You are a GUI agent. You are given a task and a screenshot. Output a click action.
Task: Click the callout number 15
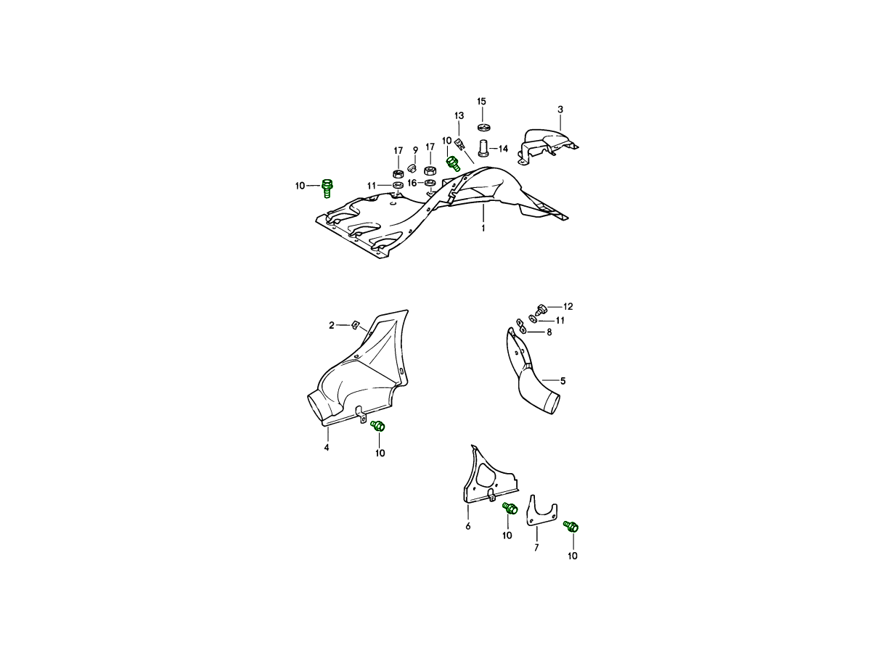pyautogui.click(x=481, y=102)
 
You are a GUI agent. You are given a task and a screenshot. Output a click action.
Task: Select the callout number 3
pyautogui.click(x=560, y=110)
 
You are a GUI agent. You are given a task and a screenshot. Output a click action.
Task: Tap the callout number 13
pyautogui.click(x=459, y=116)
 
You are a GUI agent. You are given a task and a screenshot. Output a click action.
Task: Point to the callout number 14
pyautogui.click(x=503, y=149)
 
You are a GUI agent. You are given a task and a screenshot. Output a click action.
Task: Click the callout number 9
pyautogui.click(x=415, y=150)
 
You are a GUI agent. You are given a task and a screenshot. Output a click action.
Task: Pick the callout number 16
pyautogui.click(x=412, y=183)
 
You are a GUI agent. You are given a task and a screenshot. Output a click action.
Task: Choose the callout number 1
pyautogui.click(x=483, y=229)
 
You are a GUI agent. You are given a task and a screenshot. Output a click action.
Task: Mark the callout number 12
pyautogui.click(x=568, y=306)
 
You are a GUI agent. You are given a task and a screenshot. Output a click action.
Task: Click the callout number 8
pyautogui.click(x=549, y=332)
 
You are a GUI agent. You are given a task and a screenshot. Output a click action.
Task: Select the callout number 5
pyautogui.click(x=563, y=381)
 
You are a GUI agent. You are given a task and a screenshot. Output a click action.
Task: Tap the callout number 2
pyautogui.click(x=331, y=326)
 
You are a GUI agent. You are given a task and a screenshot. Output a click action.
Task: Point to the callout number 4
pyautogui.click(x=326, y=448)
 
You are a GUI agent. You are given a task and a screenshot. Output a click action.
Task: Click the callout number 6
pyautogui.click(x=468, y=526)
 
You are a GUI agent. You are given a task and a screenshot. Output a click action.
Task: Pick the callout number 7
pyautogui.click(x=536, y=548)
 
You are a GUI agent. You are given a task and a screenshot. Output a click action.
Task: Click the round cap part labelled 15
pyautogui.click(x=483, y=127)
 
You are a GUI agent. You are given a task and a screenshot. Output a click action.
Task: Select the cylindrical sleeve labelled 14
pyautogui.click(x=483, y=147)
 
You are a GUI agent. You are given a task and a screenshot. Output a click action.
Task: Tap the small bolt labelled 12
pyautogui.click(x=541, y=309)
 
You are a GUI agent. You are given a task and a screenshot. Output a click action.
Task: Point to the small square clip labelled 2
pyautogui.click(x=355, y=326)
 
